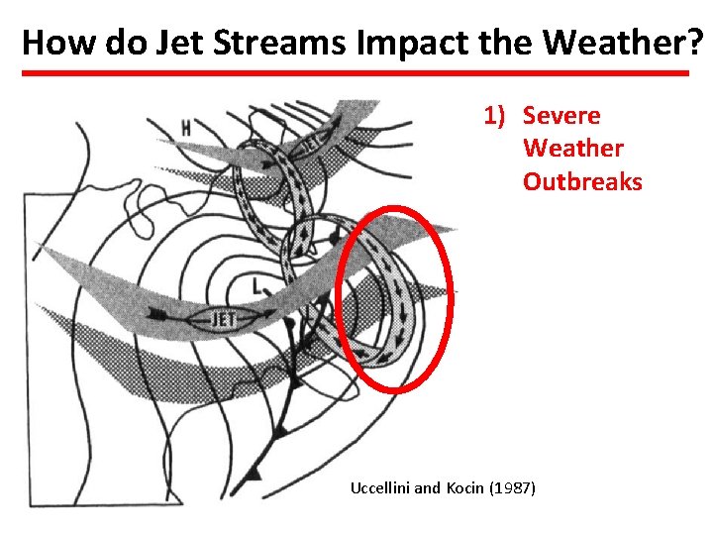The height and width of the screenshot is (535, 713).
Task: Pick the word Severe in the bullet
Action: [561, 115]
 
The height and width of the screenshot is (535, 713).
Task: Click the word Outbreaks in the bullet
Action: [582, 182]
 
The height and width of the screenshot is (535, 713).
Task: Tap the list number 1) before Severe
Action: [495, 115]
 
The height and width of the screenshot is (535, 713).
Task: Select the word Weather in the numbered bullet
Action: [573, 149]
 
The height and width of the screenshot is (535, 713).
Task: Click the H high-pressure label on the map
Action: [185, 128]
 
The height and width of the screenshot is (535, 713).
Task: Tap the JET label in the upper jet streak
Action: [308, 142]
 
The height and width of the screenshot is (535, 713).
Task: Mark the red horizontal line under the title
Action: [356, 73]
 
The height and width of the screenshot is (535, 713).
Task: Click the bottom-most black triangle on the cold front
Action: [253, 473]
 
